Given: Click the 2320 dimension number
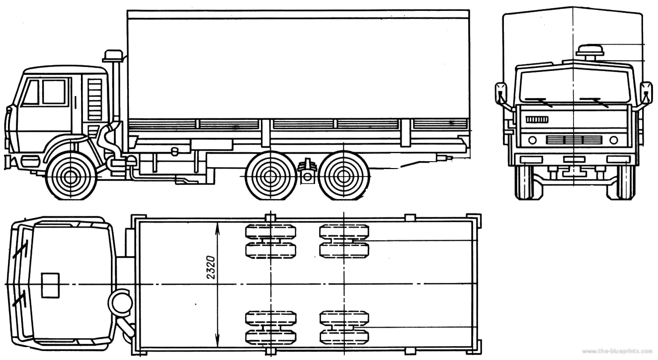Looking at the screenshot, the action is tap(211, 268).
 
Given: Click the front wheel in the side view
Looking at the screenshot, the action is tap(71, 177).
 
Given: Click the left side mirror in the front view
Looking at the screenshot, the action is tap(501, 93).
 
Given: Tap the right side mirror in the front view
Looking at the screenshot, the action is tap(646, 93).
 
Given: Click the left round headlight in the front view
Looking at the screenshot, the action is tap(532, 140).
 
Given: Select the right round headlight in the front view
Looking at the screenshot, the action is tap(614, 140).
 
